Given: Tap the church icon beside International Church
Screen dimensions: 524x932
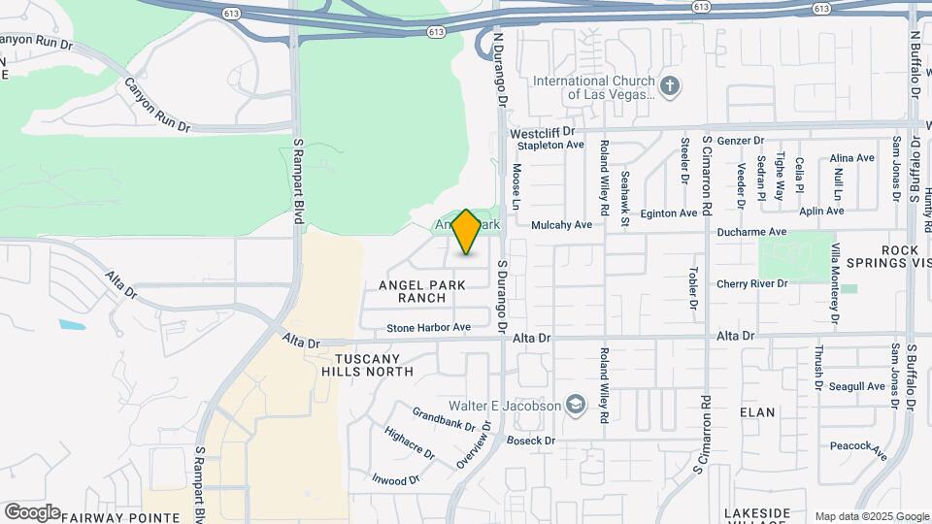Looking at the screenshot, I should tap(670, 87).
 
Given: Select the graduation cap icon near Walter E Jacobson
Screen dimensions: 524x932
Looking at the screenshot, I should tap(577, 405).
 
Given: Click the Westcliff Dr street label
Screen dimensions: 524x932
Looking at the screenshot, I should tap(543, 131).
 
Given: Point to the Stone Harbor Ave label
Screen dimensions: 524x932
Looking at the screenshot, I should tap(428, 328).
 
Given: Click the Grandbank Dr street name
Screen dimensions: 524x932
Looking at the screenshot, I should tap(443, 419).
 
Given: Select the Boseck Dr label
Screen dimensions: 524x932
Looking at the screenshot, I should tap(529, 441).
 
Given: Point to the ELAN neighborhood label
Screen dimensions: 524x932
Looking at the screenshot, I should tap(757, 412).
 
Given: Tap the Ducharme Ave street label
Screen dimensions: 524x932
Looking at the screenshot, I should tap(751, 232).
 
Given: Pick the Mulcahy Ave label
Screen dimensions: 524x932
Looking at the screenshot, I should tap(561, 225).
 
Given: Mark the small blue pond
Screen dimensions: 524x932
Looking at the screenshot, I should tap(71, 324).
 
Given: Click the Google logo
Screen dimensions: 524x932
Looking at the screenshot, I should tap(31, 511).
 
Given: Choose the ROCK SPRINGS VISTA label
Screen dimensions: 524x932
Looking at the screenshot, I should tap(899, 257).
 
